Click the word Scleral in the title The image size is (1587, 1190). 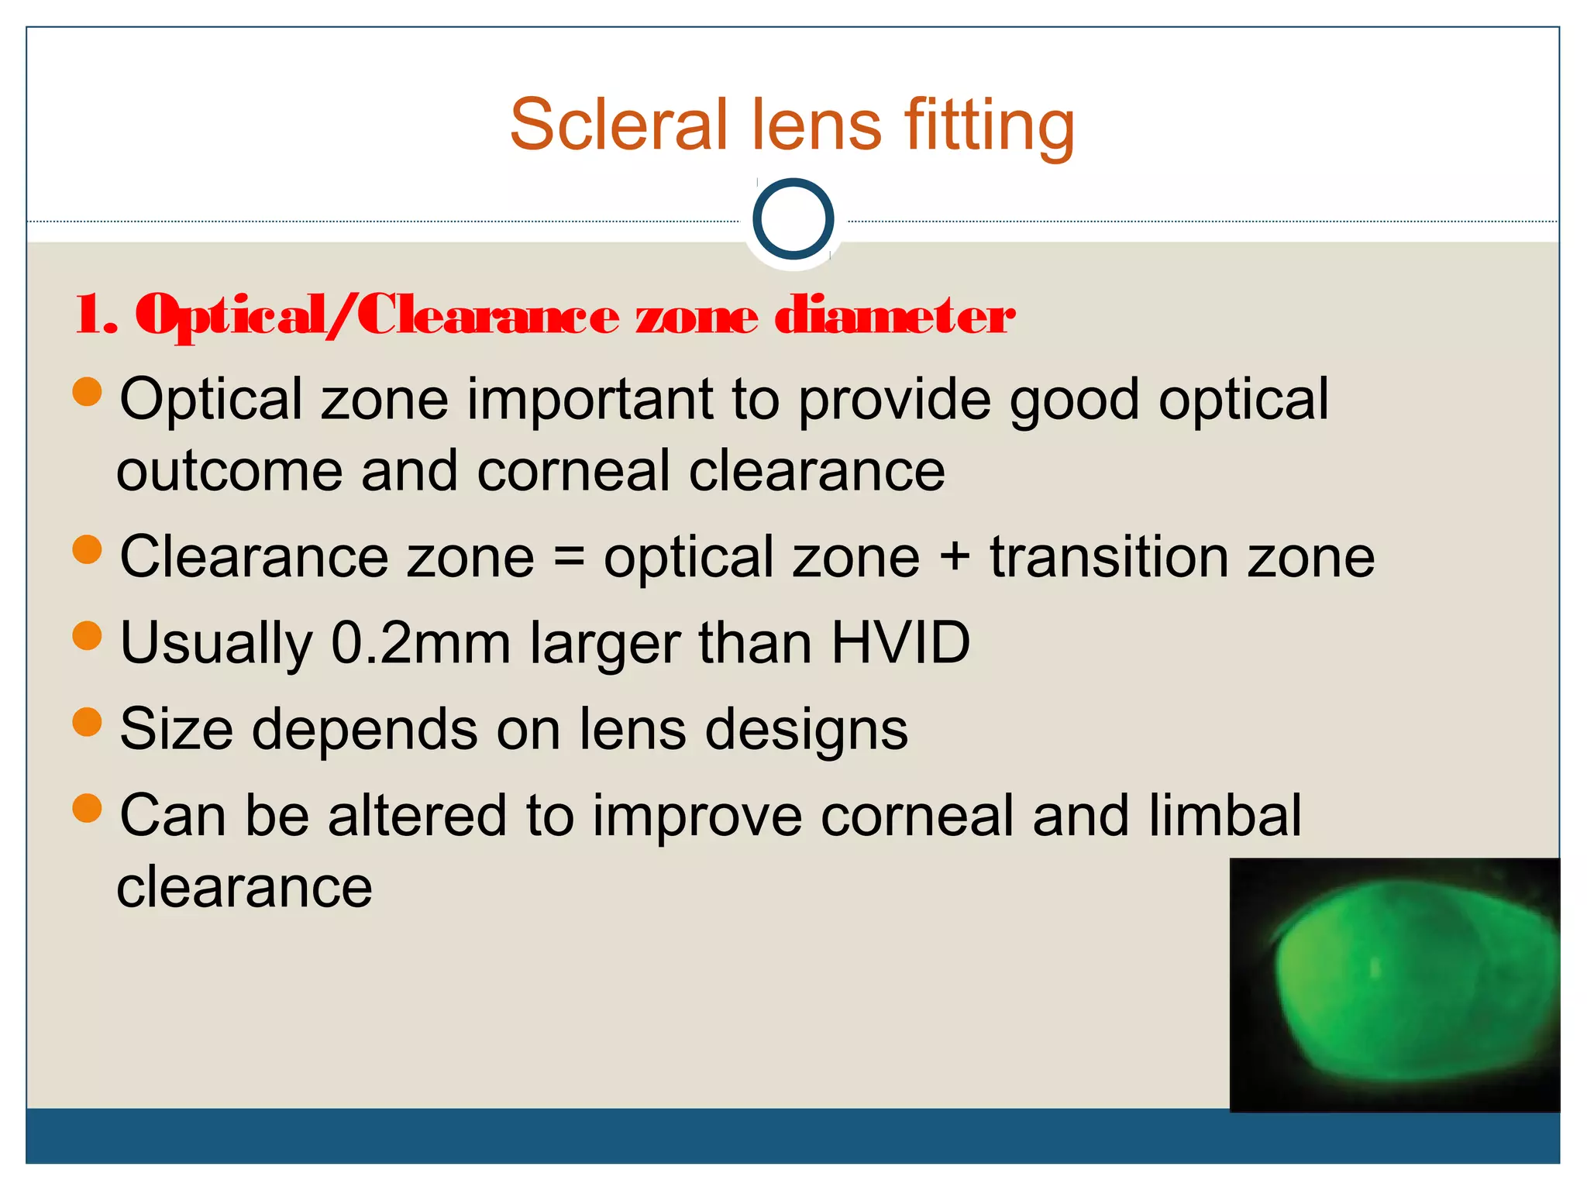[x=618, y=126]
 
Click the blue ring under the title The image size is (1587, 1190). [x=793, y=218]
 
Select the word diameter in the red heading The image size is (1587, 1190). [x=894, y=316]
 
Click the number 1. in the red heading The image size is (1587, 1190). [x=96, y=316]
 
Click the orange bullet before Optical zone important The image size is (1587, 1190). [x=88, y=392]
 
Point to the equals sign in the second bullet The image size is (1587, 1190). [x=570, y=559]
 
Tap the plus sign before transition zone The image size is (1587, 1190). [x=955, y=559]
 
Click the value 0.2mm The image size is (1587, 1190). [x=420, y=643]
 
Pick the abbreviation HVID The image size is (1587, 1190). [x=900, y=642]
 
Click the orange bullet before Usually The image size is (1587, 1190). [x=88, y=636]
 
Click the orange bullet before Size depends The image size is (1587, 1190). [x=88, y=722]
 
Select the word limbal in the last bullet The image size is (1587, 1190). [x=1224, y=815]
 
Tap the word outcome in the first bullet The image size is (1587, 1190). [x=229, y=472]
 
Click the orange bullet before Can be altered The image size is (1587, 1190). [x=88, y=809]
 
